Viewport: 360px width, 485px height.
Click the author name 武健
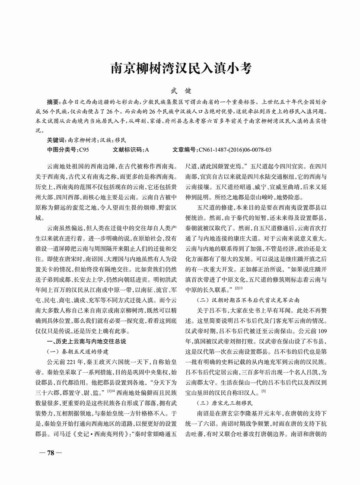[181, 92]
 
